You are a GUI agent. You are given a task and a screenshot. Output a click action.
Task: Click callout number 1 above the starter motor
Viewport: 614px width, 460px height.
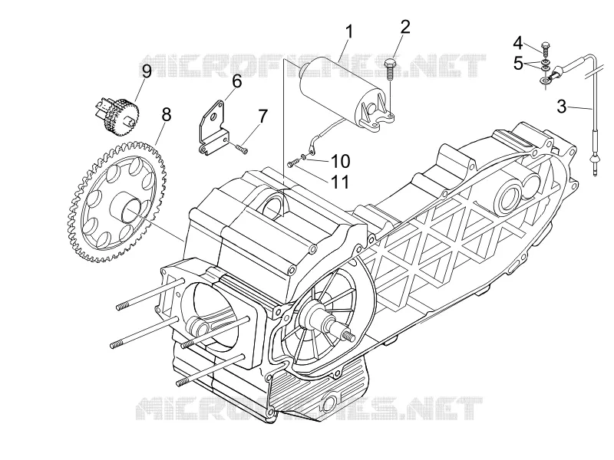click(349, 32)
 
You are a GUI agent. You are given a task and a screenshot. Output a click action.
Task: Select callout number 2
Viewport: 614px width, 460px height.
click(405, 28)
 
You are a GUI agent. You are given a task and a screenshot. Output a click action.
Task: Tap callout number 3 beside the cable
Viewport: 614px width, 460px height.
click(562, 107)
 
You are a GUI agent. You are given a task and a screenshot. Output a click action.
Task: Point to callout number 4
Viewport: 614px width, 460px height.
click(518, 43)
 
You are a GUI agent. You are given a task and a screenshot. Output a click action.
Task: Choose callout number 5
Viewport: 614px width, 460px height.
click(518, 64)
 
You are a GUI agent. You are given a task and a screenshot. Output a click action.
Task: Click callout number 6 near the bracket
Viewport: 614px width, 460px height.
click(237, 81)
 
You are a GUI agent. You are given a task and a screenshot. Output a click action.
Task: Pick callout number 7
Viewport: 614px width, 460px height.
click(262, 117)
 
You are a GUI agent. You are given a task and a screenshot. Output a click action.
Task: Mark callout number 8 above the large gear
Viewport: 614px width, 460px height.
click(167, 115)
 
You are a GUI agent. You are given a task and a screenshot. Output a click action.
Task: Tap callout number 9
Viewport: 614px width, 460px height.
click(146, 71)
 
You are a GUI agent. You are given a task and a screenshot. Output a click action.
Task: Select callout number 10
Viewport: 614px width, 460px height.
click(340, 161)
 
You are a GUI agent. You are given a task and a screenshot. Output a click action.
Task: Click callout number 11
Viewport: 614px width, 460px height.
click(339, 182)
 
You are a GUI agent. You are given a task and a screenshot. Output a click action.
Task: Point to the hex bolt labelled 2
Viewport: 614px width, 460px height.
click(390, 69)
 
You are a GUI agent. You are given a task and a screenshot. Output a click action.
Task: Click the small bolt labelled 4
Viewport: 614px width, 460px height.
click(546, 48)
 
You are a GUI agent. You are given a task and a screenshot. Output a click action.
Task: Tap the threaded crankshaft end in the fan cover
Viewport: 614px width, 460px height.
click(347, 335)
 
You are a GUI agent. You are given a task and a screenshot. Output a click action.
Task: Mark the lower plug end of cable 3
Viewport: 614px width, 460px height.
click(595, 165)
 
